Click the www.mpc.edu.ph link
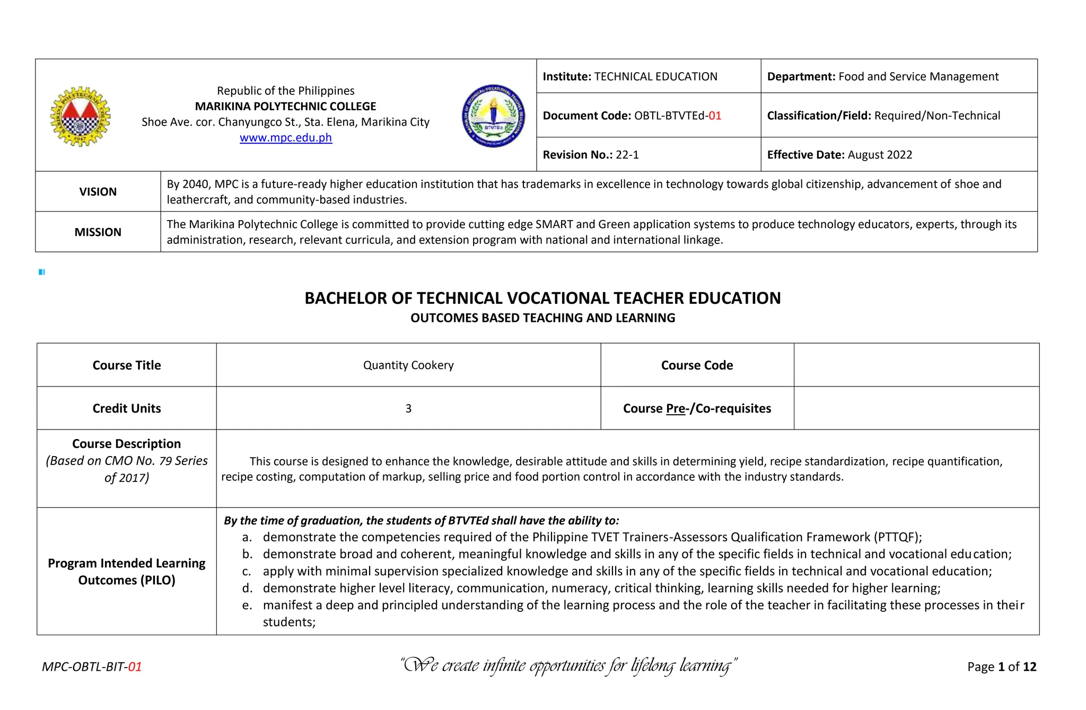285,138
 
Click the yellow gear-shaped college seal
80,117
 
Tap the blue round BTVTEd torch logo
493,116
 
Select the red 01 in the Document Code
715,116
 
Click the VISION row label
98,192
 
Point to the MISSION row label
98,232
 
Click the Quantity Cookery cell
408,365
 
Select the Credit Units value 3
408,409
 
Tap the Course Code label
696,365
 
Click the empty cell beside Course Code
916,365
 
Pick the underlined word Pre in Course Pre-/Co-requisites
675,409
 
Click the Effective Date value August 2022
880,155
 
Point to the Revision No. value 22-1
627,155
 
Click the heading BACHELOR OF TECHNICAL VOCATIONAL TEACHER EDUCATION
542,299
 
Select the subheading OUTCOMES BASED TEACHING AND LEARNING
542,318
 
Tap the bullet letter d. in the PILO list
247,589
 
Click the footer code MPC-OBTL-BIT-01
92,667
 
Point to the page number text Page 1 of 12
1001,667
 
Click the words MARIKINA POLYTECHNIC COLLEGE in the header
285,107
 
